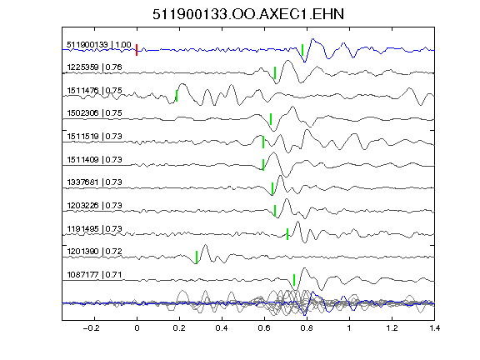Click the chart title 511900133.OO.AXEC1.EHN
coord(248,14)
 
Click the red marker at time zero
coord(137,50)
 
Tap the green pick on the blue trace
coord(302,50)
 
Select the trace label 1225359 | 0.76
coord(95,67)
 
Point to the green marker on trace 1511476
coord(177,96)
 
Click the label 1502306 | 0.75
coord(95,113)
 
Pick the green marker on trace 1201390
coord(197,257)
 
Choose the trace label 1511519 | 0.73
coord(95,136)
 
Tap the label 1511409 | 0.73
coord(95,159)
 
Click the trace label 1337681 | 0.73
coord(95,182)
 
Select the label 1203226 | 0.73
coord(95,205)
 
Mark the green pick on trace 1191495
coord(287,234)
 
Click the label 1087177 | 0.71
coord(95,275)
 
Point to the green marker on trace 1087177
coord(294,280)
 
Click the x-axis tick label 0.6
coord(264,328)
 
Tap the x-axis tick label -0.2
coord(91,328)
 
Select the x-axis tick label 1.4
coord(435,328)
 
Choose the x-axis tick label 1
coord(349,328)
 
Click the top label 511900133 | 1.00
coord(99,45)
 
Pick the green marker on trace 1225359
coord(275,72)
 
